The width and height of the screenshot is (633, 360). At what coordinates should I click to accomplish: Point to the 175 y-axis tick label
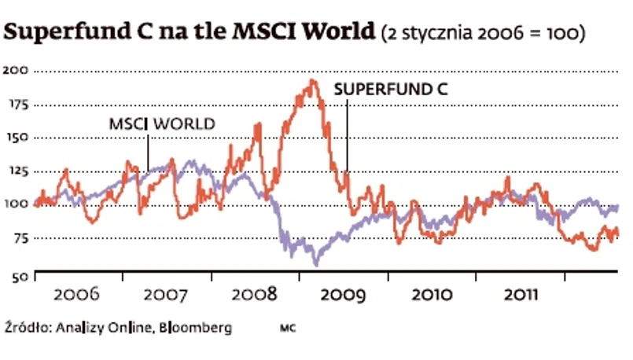click(x=17, y=104)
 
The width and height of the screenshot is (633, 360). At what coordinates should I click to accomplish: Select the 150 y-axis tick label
click(x=17, y=138)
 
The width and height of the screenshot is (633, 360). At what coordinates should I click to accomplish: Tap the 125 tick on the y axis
click(x=17, y=171)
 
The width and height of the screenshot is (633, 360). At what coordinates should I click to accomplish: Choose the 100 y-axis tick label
click(x=17, y=204)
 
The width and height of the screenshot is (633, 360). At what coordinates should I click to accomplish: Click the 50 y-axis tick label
click(x=20, y=275)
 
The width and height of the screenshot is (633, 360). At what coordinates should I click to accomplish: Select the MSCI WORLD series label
click(x=162, y=123)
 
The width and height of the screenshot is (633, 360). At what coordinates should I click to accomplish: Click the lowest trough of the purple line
click(x=315, y=265)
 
